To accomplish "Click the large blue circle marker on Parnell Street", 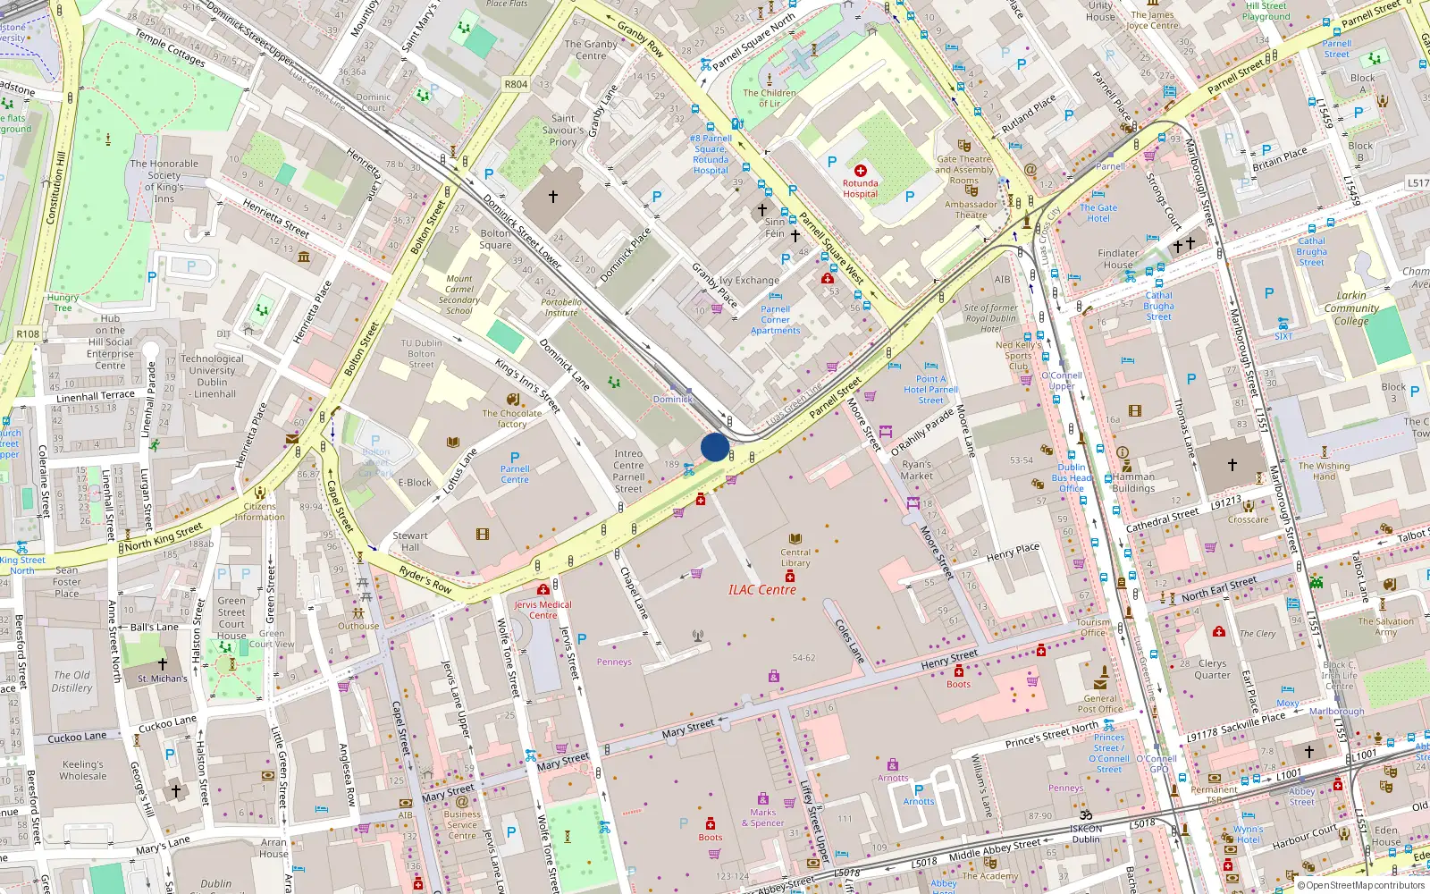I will (x=714, y=447).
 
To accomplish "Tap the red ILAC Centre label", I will (x=761, y=590).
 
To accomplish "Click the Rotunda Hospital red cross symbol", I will (x=860, y=170).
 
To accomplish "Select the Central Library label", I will (x=795, y=558).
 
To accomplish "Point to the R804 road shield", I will (x=516, y=84).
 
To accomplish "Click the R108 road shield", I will (x=28, y=333).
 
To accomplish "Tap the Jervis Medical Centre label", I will (x=543, y=610).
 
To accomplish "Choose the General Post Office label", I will (x=1100, y=704).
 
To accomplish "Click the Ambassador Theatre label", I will (x=971, y=209).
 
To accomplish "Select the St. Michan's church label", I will (x=163, y=679).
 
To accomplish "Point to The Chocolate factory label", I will (x=512, y=418).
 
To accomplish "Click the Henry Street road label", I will (x=949, y=661).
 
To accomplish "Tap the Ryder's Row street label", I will (x=425, y=580).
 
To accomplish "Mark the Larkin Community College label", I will (x=1351, y=308).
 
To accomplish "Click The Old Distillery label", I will (x=71, y=681).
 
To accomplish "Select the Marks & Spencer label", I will (x=763, y=818).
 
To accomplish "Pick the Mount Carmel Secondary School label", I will (x=459, y=294).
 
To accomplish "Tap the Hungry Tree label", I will (x=63, y=302).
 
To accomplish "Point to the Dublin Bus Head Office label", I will (x=1072, y=477).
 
